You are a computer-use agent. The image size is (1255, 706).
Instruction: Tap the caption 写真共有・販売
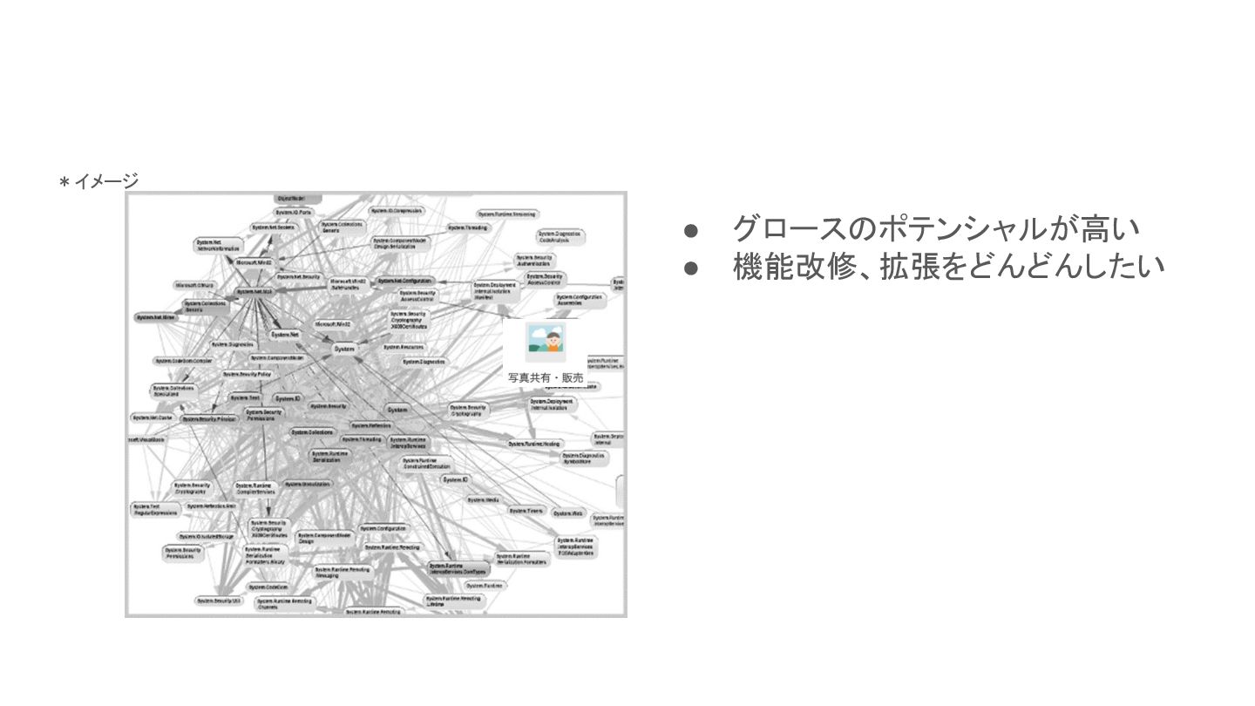tap(546, 377)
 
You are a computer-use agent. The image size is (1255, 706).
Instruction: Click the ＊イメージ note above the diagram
tap(98, 181)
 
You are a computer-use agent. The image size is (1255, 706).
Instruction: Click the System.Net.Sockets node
tap(274, 227)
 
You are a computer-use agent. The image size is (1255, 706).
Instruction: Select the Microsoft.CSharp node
tap(193, 285)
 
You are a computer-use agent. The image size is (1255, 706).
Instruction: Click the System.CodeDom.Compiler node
tap(183, 360)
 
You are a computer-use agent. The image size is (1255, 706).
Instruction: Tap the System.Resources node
tap(404, 346)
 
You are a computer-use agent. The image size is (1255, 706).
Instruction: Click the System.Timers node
tap(526, 510)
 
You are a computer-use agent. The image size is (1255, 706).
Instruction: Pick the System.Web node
tap(567, 513)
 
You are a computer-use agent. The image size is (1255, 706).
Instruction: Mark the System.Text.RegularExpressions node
tap(155, 509)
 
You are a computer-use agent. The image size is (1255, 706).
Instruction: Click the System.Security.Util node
tap(218, 601)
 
